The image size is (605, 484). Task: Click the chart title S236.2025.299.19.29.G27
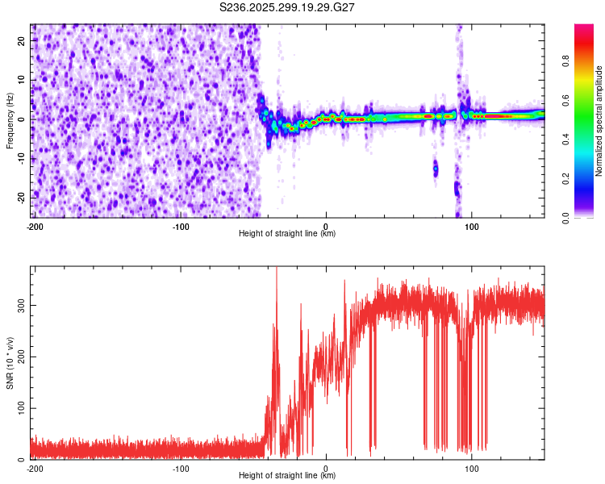point(288,7)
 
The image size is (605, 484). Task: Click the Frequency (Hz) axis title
point(10,120)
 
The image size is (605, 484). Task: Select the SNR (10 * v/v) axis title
point(10,362)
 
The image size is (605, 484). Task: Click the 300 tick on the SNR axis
point(19,306)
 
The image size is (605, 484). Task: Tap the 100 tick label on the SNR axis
point(19,408)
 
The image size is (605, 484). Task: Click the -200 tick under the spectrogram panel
point(34,226)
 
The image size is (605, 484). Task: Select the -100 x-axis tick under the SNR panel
point(180,468)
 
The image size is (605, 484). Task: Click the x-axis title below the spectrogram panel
point(287,234)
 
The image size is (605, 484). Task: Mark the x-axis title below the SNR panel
point(287,476)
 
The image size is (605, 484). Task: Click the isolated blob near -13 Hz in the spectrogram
point(436,169)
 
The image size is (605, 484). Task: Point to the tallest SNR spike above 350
point(277,269)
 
